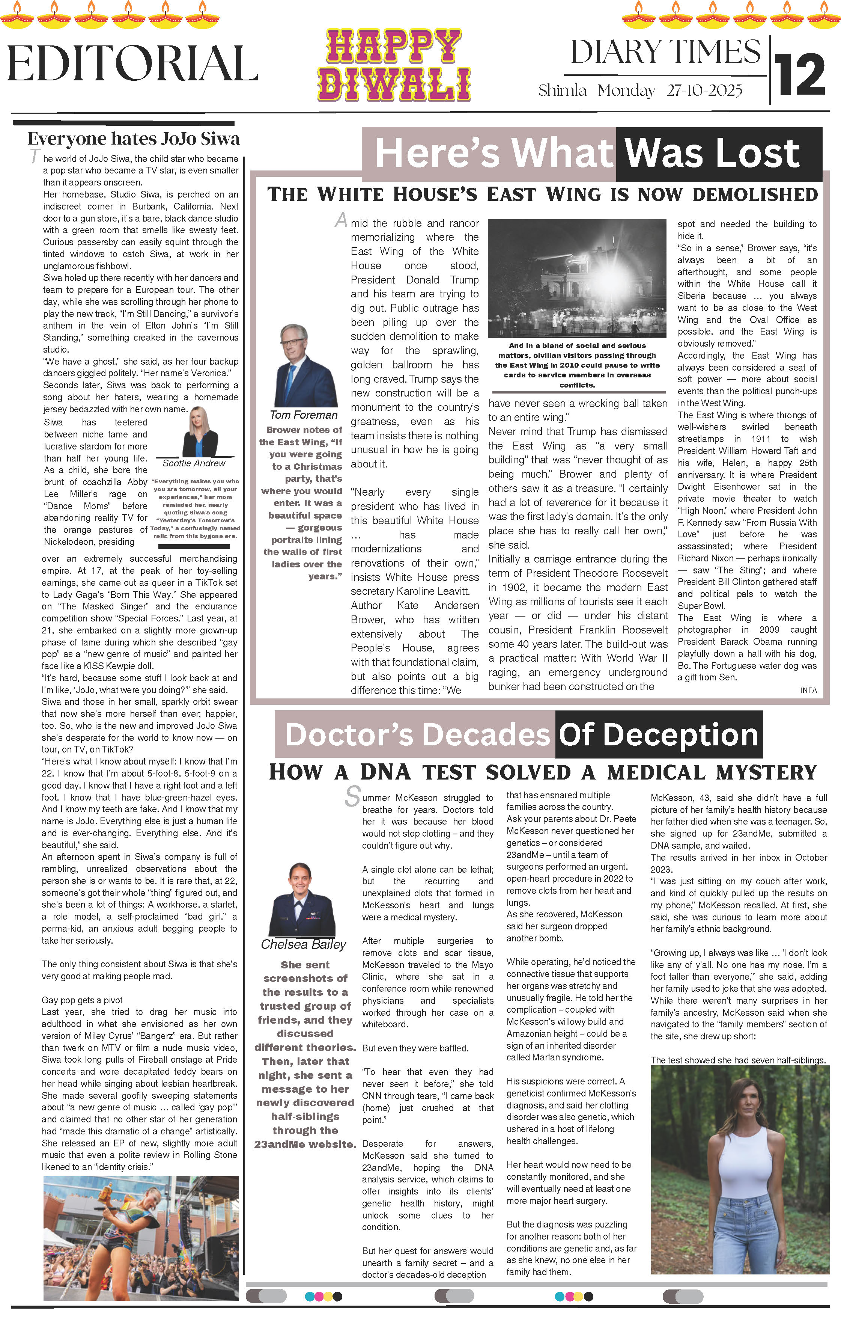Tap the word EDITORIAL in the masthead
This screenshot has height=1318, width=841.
click(132, 63)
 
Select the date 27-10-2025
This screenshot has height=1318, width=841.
click(704, 90)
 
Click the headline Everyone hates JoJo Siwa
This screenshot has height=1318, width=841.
click(134, 139)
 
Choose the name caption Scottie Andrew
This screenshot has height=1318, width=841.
click(194, 463)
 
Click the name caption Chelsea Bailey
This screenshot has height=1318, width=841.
click(303, 944)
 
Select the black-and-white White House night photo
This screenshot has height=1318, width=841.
click(577, 278)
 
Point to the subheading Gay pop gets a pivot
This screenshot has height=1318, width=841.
click(82, 1000)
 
